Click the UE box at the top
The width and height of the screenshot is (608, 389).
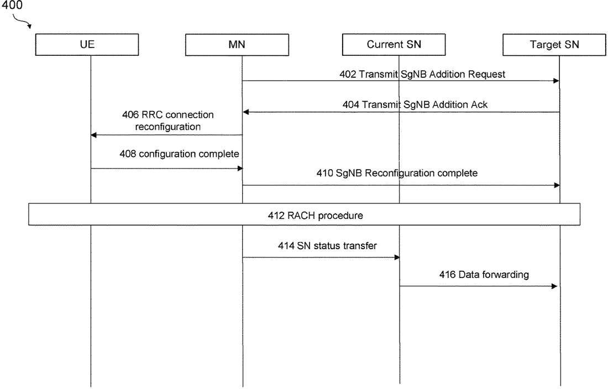87,45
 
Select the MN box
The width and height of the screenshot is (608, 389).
237,45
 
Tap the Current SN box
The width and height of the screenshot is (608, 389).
394,45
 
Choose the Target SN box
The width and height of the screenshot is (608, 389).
554,45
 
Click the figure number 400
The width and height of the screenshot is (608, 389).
12,6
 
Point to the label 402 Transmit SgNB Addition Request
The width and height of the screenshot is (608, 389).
422,74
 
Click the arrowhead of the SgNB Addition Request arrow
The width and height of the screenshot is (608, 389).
557,81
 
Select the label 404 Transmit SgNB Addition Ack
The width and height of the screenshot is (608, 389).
415,104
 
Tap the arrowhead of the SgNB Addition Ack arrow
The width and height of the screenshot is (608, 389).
246,112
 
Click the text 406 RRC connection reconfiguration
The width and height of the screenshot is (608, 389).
168,120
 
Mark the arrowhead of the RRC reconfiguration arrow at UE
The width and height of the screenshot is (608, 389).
93,135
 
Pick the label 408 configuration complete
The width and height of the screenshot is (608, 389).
179,154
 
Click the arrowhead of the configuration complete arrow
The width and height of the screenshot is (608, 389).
240,169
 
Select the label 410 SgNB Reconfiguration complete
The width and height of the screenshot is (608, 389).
397,173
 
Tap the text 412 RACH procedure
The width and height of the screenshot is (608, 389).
315,215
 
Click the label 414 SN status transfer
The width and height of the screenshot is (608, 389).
327,246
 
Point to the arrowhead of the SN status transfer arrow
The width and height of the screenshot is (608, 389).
397,257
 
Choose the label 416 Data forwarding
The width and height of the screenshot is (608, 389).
484,275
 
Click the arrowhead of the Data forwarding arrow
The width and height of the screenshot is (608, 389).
554,286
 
